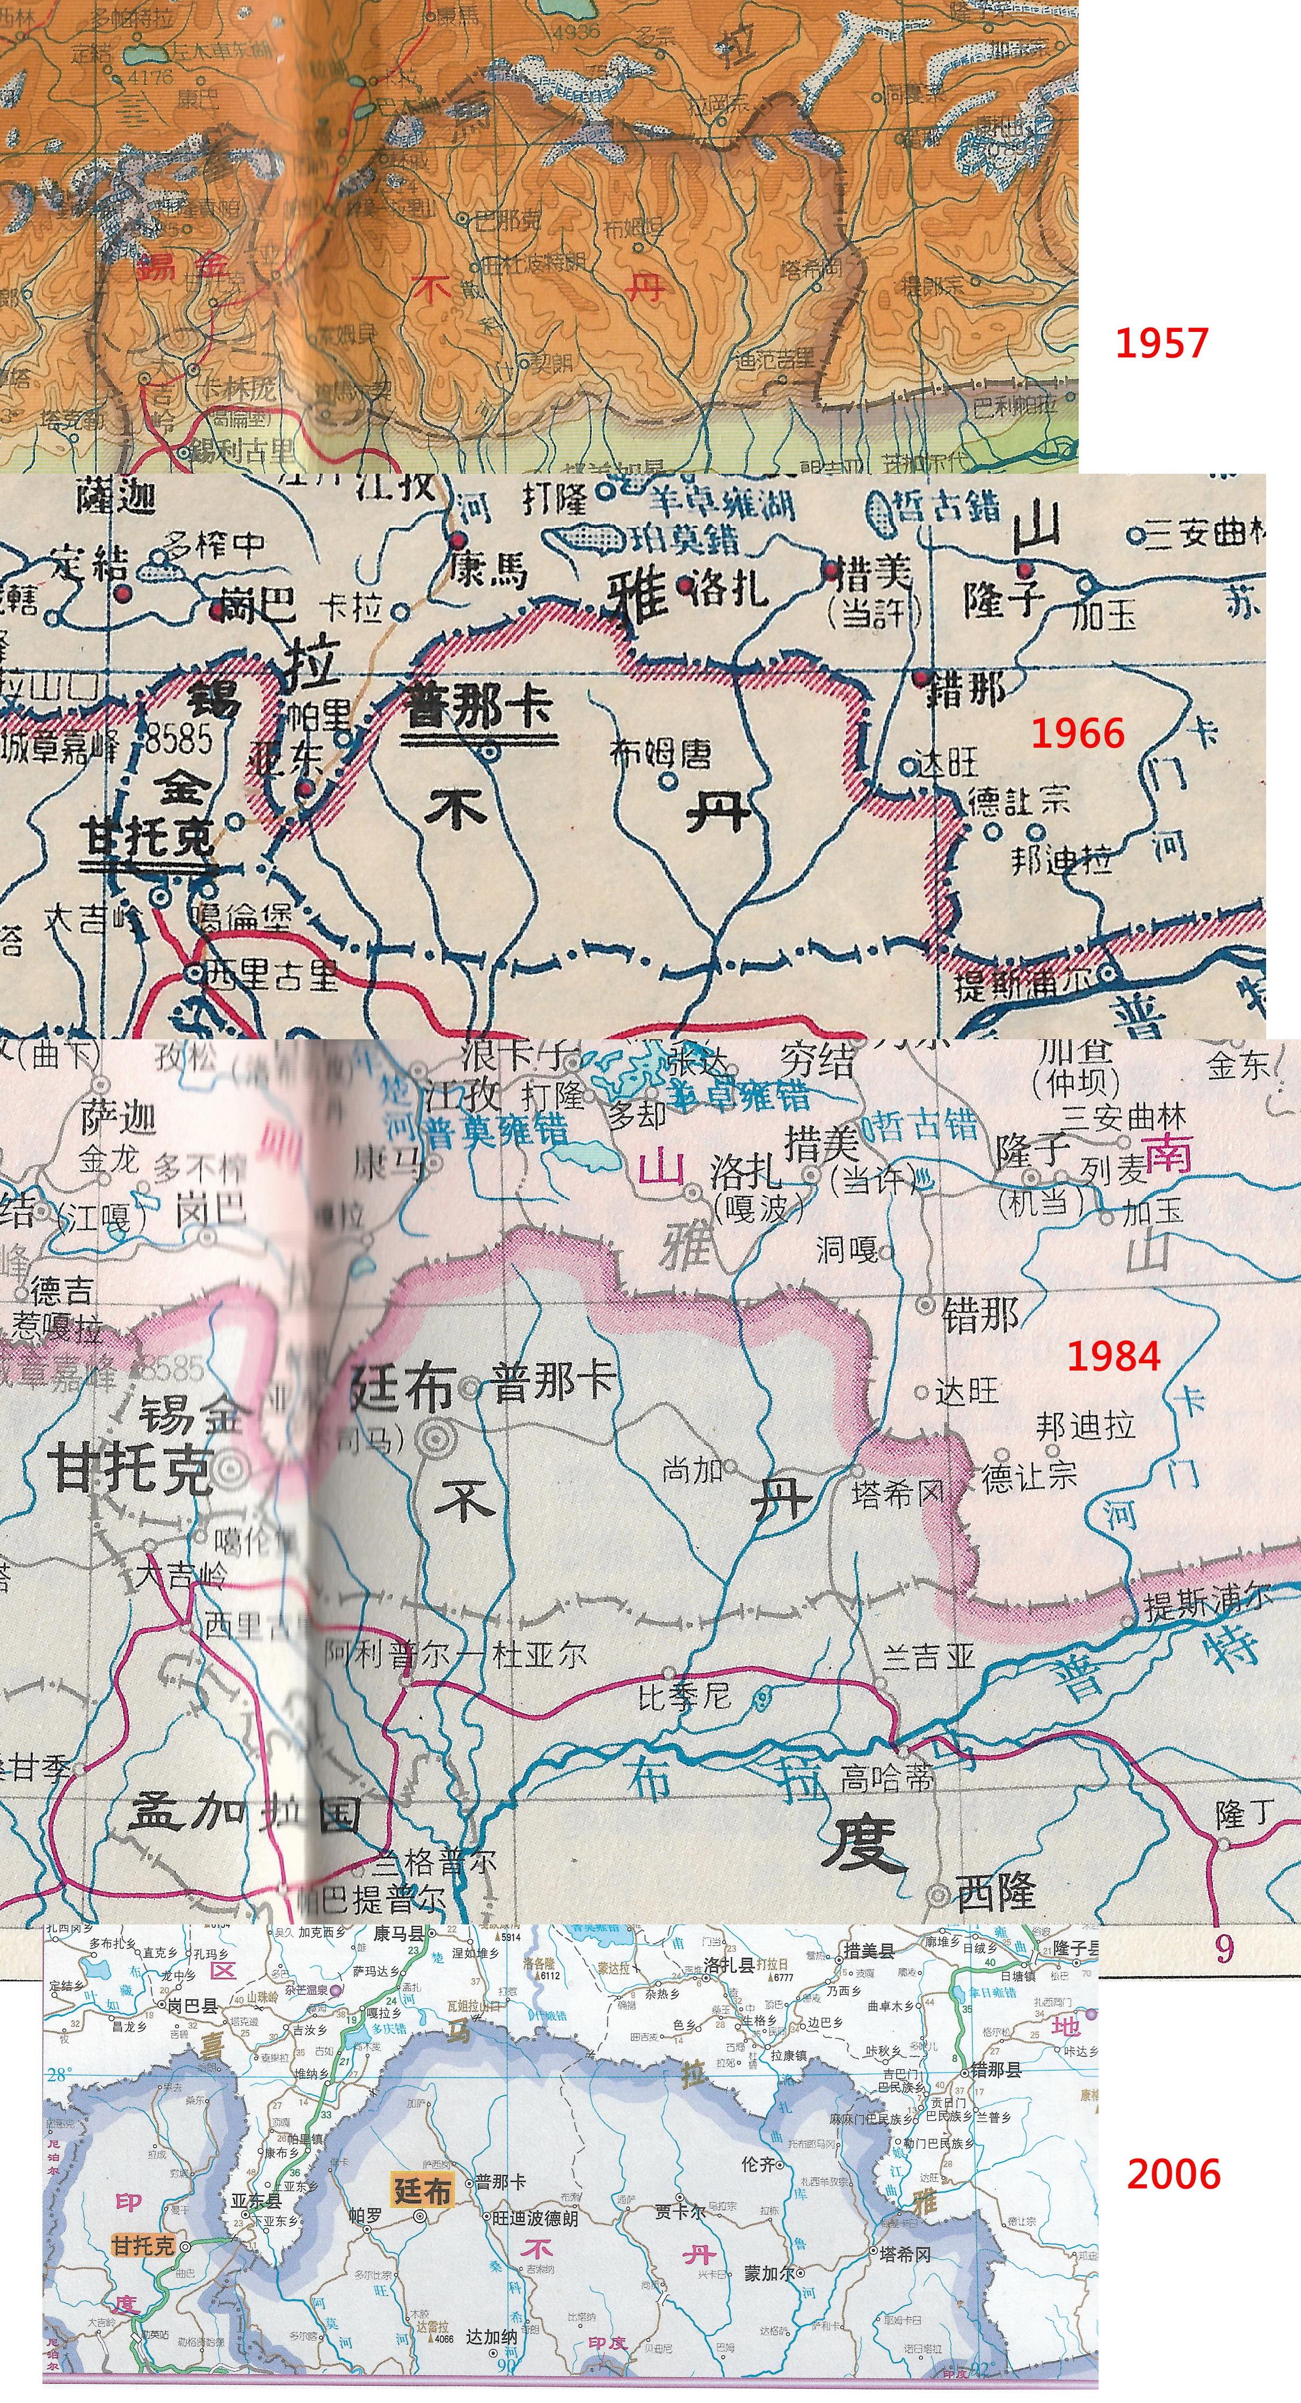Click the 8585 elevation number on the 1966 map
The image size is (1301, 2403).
178,739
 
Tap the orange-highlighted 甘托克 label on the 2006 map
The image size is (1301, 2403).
143,2245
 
